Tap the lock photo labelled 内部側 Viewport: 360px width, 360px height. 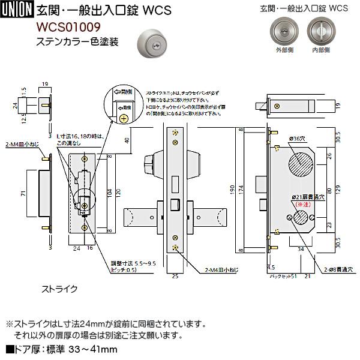click(319, 31)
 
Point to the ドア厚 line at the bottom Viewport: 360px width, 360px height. click(61, 349)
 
